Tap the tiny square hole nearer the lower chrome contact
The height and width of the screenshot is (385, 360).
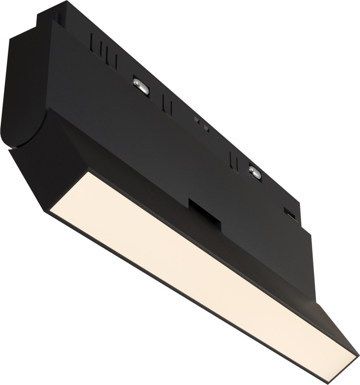pos(206,127)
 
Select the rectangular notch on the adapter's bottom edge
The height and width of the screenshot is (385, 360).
pos(204,212)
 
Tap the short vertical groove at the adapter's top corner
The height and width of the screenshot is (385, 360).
pos(58,17)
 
